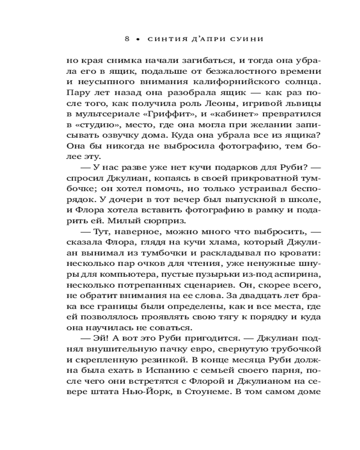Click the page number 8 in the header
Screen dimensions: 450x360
pos(127,39)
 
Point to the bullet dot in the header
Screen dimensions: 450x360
pos(138,39)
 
